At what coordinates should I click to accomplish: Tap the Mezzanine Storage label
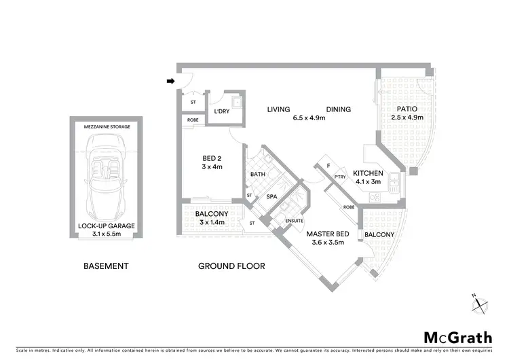pos(107,127)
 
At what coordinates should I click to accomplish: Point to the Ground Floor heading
pos(231,266)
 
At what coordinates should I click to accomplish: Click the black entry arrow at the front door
pos(170,82)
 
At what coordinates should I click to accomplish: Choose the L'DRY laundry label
pos(222,111)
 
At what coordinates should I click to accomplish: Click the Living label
pos(278,109)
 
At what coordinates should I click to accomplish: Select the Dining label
pos(338,109)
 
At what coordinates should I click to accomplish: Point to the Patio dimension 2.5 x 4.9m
pos(407,118)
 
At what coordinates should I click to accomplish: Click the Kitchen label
pos(367,173)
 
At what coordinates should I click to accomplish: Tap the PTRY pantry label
pos(340,177)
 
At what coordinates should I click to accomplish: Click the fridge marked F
pos(329,165)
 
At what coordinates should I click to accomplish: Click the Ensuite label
pos(295,220)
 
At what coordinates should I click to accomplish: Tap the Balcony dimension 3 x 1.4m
pos(212,222)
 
